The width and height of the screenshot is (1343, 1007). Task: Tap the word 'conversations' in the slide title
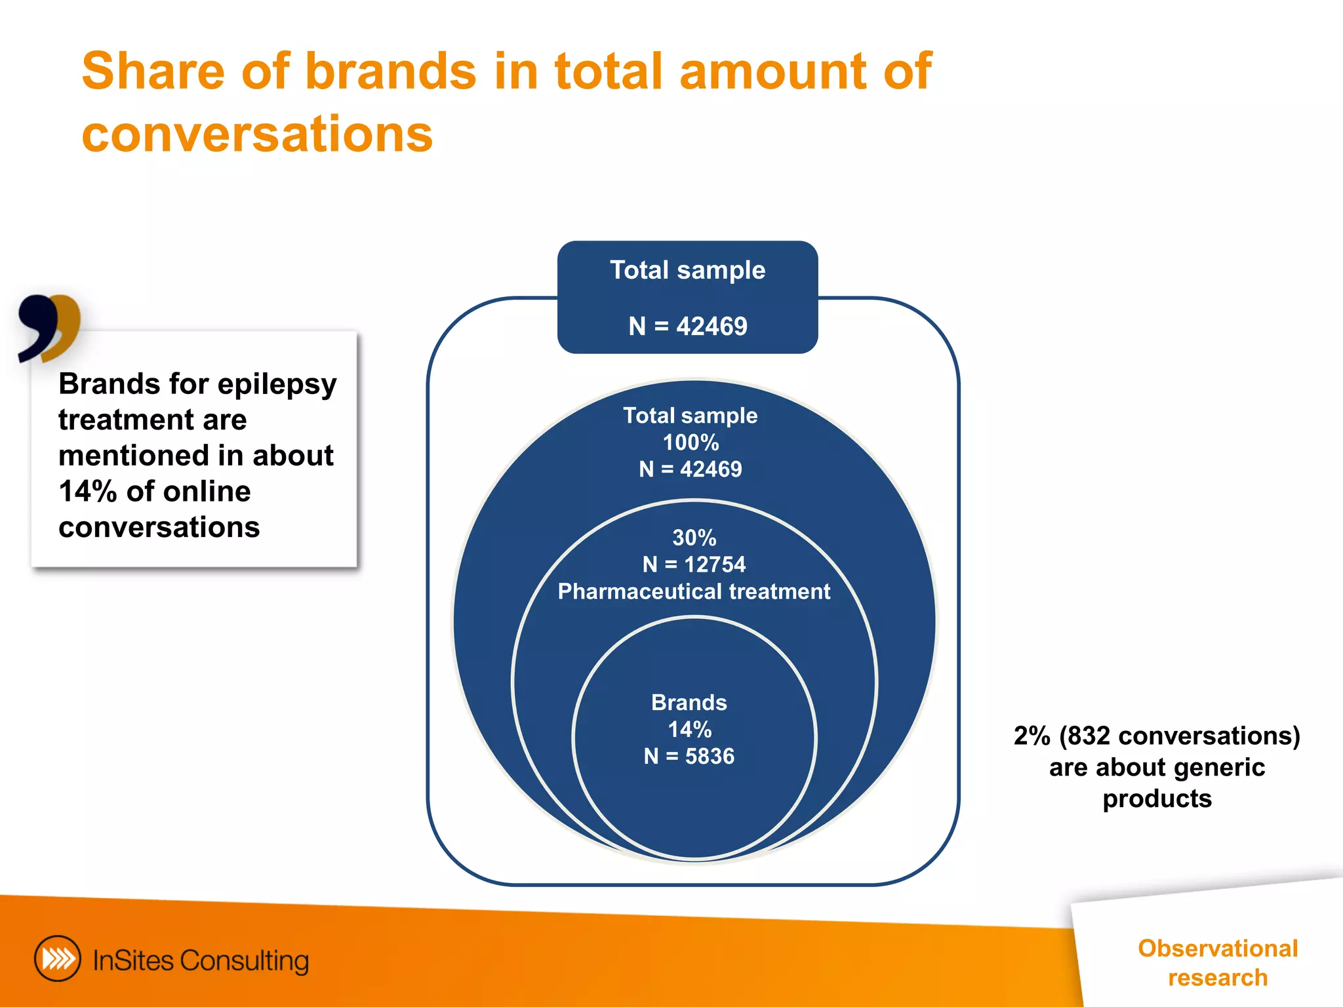pos(257,134)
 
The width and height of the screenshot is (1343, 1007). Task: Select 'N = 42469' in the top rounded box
pos(688,326)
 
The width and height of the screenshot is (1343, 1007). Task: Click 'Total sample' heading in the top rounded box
pos(688,270)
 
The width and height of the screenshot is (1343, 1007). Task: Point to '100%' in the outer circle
pos(691,443)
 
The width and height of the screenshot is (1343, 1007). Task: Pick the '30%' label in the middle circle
pos(694,538)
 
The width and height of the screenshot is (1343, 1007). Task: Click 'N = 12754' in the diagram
pos(694,564)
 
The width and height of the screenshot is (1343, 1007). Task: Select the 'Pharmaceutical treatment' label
pos(694,591)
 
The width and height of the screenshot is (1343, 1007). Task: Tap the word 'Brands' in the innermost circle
pos(689,703)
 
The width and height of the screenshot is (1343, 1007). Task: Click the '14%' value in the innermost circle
pos(689,730)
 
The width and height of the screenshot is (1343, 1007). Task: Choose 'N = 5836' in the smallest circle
pos(689,757)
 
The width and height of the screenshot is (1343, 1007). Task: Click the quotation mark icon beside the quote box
pos(49,328)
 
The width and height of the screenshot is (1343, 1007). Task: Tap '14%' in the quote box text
pos(88,492)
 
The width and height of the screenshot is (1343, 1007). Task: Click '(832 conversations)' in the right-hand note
pos(1179,736)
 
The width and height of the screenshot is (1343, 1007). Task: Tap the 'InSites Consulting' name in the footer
pos(201,960)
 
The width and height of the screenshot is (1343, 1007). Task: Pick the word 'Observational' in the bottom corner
pos(1218,949)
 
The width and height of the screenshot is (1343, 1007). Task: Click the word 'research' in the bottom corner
pos(1218,977)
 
